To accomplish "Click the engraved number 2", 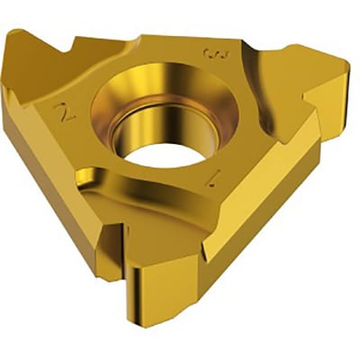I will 62,112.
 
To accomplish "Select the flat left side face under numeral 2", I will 54,180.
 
